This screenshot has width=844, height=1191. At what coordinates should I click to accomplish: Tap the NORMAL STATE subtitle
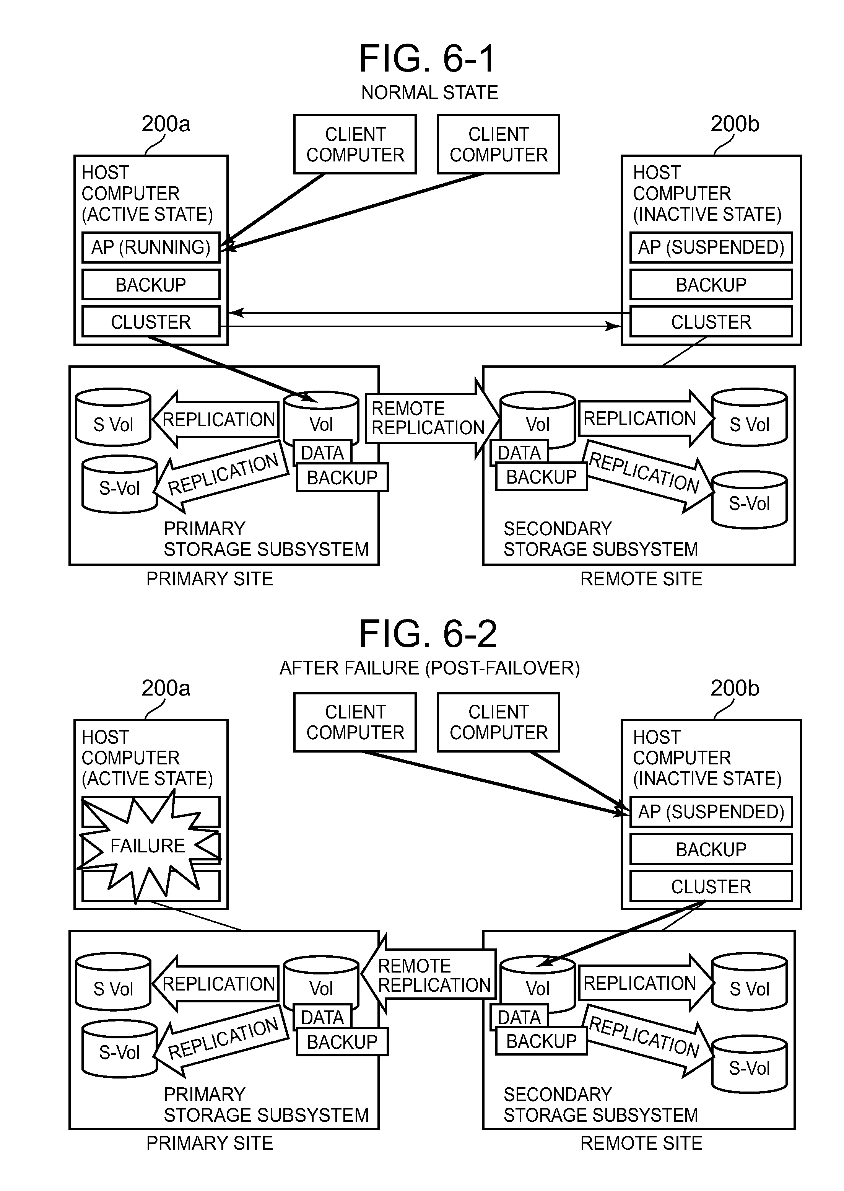[x=429, y=93]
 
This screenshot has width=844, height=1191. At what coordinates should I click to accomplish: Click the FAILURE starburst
[x=148, y=846]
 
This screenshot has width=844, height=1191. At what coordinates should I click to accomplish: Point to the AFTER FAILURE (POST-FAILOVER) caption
[x=429, y=668]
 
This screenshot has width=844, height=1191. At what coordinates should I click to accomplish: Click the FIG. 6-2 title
[x=427, y=634]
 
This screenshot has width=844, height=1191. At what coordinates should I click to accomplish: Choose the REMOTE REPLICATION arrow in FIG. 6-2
[x=431, y=975]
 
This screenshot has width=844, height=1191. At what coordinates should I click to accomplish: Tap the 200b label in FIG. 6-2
[x=734, y=688]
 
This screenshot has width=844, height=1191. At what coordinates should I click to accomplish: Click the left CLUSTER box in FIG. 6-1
[x=151, y=322]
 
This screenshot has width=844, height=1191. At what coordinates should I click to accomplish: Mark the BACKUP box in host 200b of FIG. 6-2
[x=711, y=849]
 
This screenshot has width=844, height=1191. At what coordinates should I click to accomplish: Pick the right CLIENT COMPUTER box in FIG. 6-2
[x=498, y=722]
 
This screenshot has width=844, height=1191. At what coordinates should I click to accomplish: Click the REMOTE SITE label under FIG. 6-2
[x=641, y=1143]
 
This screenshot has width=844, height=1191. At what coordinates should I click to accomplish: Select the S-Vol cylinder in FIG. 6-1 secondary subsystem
[x=749, y=500]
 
